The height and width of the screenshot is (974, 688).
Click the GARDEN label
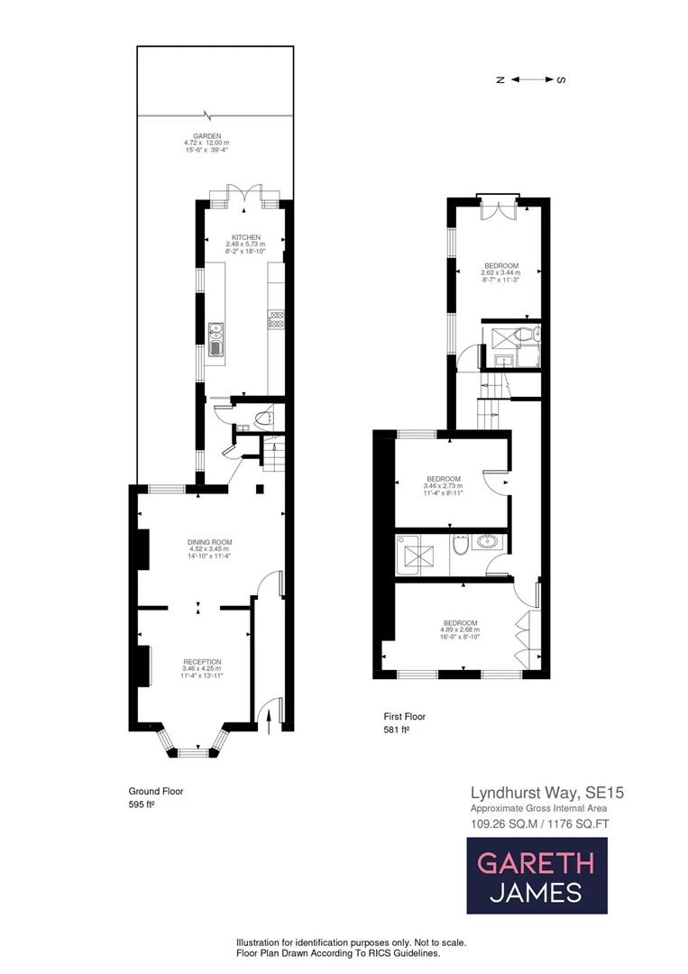coord(214,136)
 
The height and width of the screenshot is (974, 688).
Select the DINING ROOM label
coord(204,542)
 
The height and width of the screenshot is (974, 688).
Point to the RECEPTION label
coord(201,661)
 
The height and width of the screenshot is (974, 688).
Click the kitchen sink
coord(216,339)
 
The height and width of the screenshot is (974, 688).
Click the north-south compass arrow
coord(532,79)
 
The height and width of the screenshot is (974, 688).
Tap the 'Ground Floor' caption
coord(156,791)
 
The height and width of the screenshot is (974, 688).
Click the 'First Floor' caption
coord(404,717)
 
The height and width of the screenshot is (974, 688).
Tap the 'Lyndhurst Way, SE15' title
coord(546,793)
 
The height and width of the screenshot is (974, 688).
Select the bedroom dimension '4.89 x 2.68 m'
coord(459,629)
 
